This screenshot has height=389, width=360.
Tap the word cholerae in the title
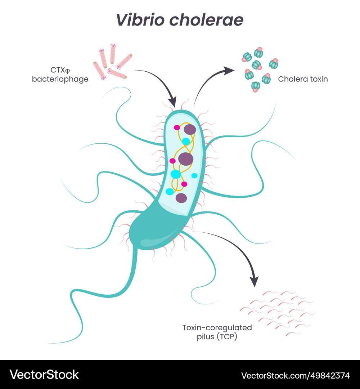tap(206, 20)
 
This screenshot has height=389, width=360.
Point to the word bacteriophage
tap(60, 79)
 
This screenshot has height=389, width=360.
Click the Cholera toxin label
tap(303, 79)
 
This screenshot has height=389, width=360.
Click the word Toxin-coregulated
tap(217, 328)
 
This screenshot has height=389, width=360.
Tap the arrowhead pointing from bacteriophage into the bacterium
tap(173, 101)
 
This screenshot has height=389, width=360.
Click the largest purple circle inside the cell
tap(186, 159)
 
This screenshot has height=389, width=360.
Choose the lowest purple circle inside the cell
tap(181, 198)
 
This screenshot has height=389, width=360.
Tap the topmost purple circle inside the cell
tap(190, 130)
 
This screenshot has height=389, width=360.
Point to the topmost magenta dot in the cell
tap(177, 128)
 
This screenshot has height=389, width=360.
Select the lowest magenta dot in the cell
tap(184, 184)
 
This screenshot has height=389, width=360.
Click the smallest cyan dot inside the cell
tap(194, 175)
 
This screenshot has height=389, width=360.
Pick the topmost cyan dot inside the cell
tap(186, 141)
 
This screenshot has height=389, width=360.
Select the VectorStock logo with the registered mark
tap(44, 375)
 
